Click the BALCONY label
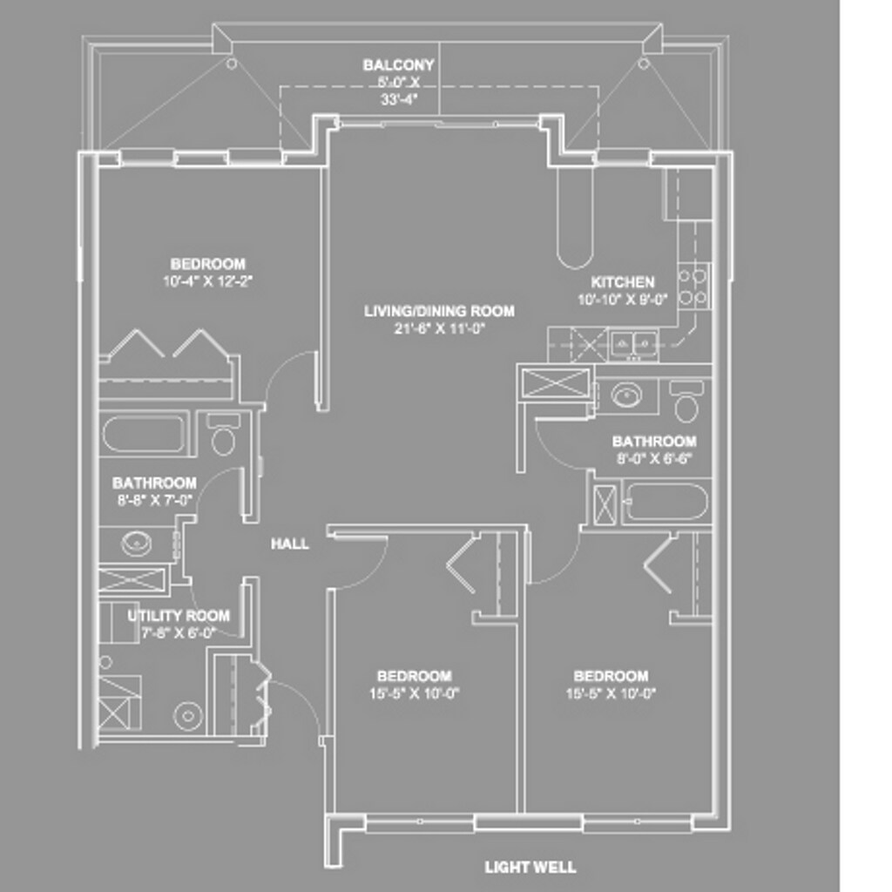(398, 65)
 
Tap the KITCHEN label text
(622, 282)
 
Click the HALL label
(289, 544)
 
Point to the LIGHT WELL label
(530, 867)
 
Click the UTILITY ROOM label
(179, 616)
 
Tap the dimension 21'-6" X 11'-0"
(439, 328)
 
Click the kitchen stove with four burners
(693, 287)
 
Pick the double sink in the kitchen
(633, 341)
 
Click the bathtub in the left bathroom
(144, 434)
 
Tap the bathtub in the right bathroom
(666, 502)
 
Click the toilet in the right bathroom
(687, 403)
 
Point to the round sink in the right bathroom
(626, 396)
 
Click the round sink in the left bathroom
(136, 544)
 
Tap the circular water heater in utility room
(188, 716)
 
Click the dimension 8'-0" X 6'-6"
(653, 458)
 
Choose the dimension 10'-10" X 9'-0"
(622, 299)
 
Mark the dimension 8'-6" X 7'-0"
(154, 499)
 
